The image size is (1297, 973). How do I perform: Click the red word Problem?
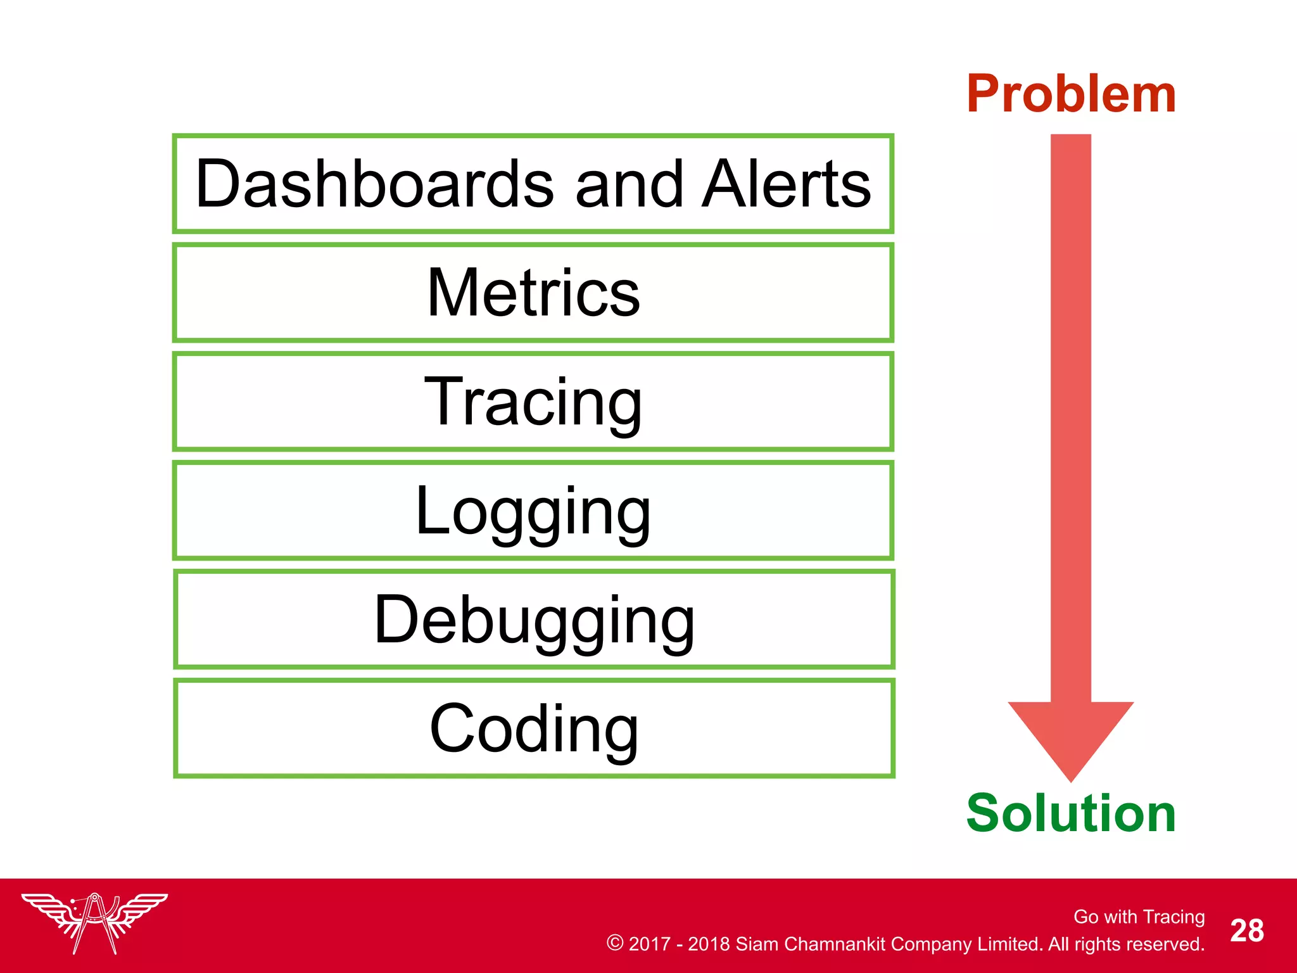tap(1071, 94)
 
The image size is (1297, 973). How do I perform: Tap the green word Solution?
tap(1071, 813)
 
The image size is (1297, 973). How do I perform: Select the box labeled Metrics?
tap(533, 293)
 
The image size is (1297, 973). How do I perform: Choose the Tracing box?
tap(533, 402)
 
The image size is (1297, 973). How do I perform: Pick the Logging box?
tap(533, 511)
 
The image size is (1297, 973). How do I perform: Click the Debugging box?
tap(534, 620)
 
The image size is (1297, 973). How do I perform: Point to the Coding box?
tap(534, 728)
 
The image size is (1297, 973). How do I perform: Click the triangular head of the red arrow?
tap(1071, 735)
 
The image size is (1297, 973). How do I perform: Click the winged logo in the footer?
tap(95, 922)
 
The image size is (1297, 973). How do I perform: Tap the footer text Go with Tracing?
tap(1139, 917)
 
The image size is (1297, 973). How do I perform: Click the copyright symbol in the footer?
tap(614, 943)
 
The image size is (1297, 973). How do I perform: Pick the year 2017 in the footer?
tap(649, 944)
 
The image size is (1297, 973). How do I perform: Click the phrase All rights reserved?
tap(1126, 944)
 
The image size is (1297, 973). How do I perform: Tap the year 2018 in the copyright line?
tap(709, 944)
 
